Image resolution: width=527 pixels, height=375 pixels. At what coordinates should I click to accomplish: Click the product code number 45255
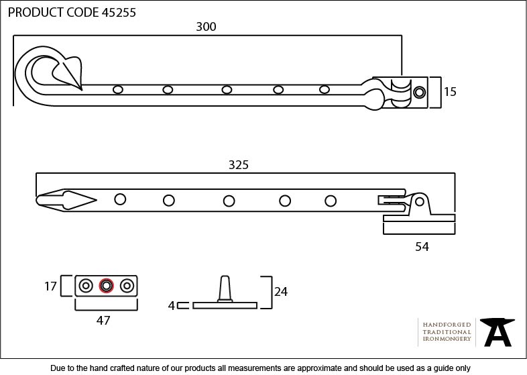tap(119, 12)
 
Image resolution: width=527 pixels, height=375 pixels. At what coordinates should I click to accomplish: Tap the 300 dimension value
tap(206, 27)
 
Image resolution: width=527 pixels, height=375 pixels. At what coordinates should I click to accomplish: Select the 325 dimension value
tap(238, 165)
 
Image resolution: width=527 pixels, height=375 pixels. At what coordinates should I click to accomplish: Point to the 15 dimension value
tap(449, 92)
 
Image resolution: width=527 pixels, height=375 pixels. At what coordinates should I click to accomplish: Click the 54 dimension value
tap(422, 246)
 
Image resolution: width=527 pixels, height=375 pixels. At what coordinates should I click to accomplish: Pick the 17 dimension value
tap(50, 286)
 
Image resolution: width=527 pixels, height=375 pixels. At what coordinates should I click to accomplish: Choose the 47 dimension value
tap(103, 321)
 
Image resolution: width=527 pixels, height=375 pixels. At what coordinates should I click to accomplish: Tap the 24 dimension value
tap(281, 291)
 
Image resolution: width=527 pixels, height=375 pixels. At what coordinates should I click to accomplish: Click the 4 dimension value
tap(171, 306)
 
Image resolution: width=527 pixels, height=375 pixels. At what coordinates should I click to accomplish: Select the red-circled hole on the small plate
tap(105, 286)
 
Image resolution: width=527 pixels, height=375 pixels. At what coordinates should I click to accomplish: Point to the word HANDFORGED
tap(447, 325)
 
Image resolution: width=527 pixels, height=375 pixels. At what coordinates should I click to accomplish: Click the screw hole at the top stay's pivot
tap(419, 92)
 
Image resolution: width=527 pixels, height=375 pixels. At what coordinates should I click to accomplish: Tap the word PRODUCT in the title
tap(34, 12)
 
